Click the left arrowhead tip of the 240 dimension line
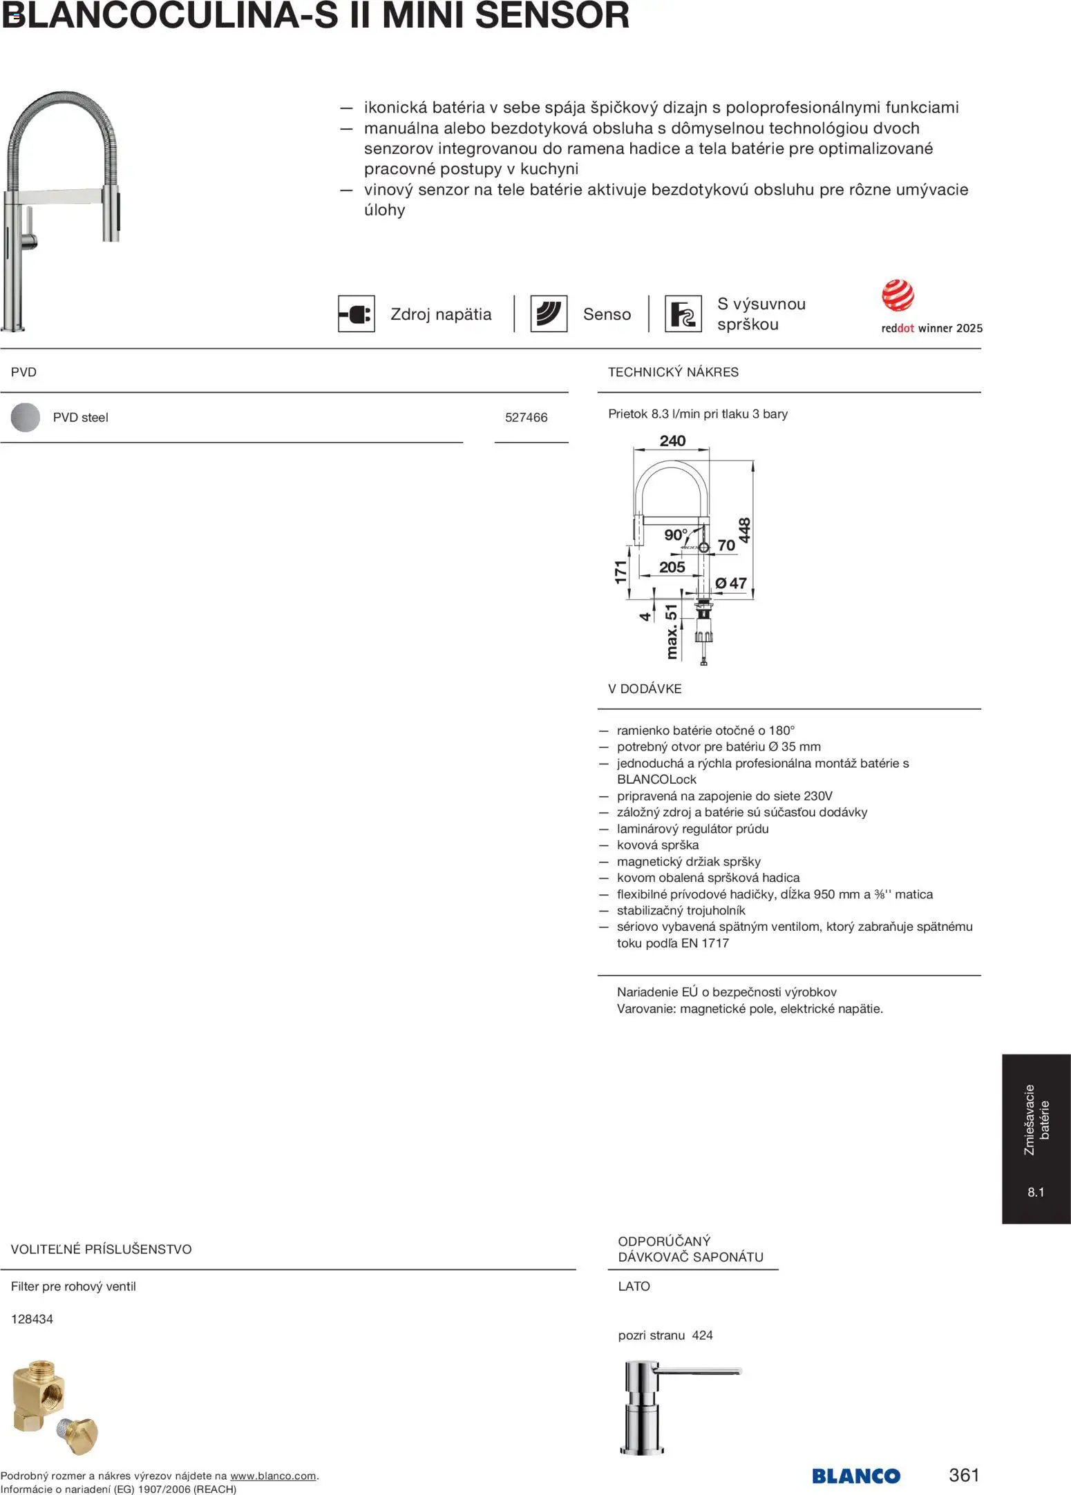(634, 450)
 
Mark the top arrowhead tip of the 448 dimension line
(752, 462)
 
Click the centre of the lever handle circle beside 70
(704, 548)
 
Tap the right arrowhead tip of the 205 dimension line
(702, 576)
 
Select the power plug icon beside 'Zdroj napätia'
(357, 314)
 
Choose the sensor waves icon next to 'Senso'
(549, 314)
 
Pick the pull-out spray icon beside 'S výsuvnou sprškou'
(683, 314)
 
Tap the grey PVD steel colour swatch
(26, 417)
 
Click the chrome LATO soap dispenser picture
(681, 1409)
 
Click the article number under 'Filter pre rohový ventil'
(32, 1319)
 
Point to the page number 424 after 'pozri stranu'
(702, 1335)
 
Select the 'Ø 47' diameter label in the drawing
(731, 583)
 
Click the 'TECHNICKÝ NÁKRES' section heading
(673, 372)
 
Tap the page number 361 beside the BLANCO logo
(964, 1475)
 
